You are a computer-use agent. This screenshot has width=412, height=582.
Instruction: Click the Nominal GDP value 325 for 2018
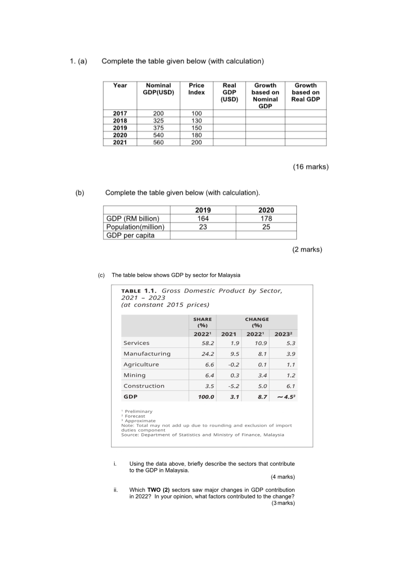(x=158, y=121)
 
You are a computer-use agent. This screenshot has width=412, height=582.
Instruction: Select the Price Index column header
(x=197, y=89)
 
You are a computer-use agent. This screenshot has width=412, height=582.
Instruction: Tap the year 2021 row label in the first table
(x=120, y=142)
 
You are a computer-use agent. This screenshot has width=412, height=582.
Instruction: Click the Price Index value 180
(x=197, y=135)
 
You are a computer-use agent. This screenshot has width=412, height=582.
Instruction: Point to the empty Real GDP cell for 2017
(x=229, y=113)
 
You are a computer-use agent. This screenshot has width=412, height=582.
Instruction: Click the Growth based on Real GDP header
(x=305, y=92)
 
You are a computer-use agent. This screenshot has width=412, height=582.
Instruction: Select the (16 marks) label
(x=310, y=167)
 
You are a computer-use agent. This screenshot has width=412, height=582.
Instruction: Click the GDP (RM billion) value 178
(x=266, y=219)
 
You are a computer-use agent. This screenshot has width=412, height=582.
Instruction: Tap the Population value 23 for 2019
(x=203, y=227)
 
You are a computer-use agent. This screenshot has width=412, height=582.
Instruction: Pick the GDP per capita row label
(x=130, y=235)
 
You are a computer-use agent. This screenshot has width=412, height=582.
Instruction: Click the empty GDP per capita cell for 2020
(x=266, y=235)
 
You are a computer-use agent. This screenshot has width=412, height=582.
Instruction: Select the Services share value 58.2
(x=208, y=343)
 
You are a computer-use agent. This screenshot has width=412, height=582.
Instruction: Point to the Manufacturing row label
(x=147, y=354)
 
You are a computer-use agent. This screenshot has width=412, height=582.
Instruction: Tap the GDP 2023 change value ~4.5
(x=286, y=397)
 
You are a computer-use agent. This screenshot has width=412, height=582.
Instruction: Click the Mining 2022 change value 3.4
(x=262, y=375)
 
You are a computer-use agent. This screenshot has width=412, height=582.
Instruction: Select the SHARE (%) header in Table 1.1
(x=203, y=322)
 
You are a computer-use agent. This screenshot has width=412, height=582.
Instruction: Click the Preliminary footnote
(x=138, y=411)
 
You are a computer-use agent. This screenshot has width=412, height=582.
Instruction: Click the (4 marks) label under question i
(x=283, y=477)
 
